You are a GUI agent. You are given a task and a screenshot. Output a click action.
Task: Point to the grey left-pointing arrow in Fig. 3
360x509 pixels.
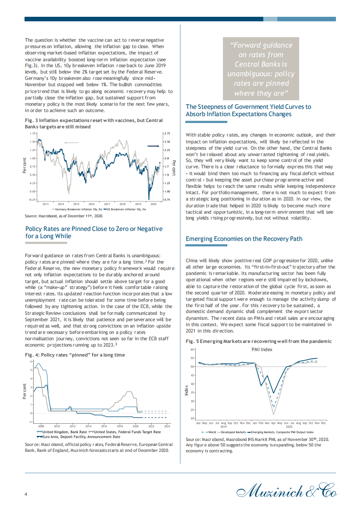coord(71,142)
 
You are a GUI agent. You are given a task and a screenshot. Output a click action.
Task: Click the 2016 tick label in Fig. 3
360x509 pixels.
coord(91,205)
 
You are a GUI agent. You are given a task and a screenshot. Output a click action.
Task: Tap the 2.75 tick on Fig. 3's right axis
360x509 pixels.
coord(167,134)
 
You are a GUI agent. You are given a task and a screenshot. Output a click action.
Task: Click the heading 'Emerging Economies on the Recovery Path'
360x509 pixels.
coord(244,239)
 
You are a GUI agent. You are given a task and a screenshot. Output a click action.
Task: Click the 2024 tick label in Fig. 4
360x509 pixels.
coord(167,426)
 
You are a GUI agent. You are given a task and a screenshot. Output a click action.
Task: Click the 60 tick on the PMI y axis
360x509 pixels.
coord(192,349)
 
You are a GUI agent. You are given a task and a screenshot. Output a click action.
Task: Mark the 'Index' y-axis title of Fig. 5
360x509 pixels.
coord(187,389)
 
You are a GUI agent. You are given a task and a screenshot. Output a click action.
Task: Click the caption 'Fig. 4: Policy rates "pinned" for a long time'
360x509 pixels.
coord(74,354)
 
